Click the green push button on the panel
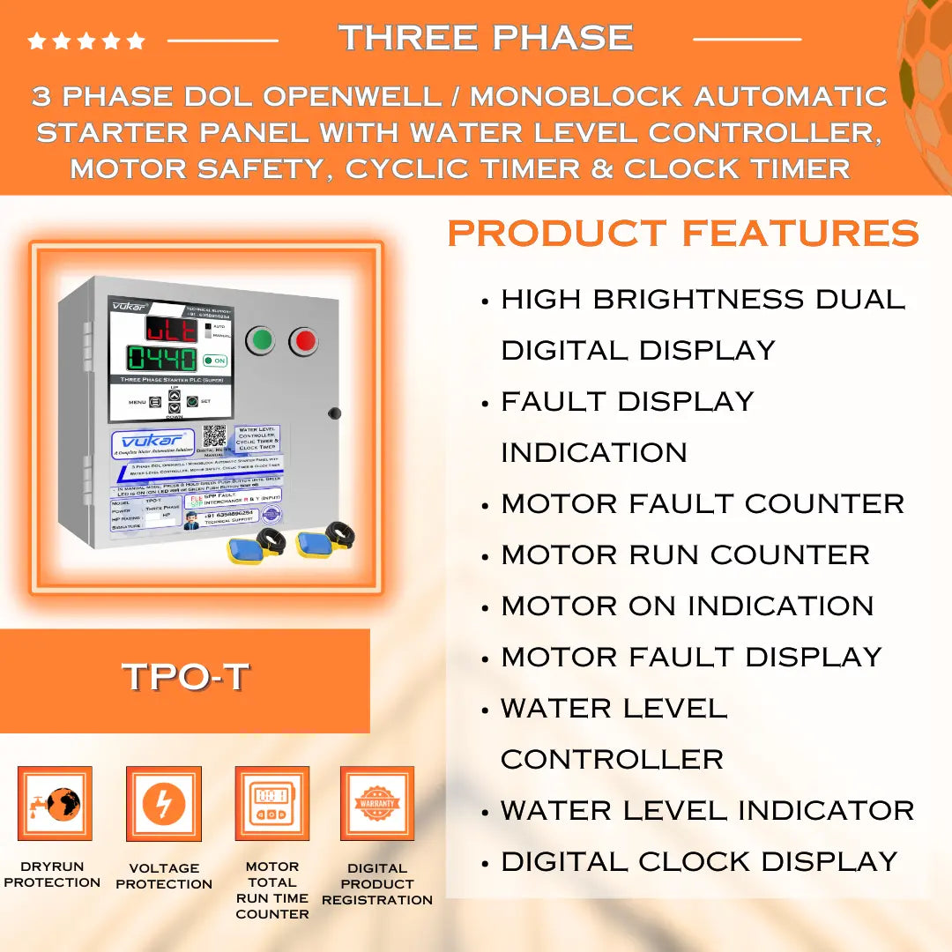260,340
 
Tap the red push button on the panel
304,340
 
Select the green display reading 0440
161,359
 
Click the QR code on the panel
214,435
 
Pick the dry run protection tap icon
55,803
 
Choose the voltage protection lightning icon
164,803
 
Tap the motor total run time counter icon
271,803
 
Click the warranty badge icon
377,803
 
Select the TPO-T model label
185,678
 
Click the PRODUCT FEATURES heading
683,234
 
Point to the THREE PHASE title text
486,38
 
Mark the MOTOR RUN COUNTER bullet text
685,554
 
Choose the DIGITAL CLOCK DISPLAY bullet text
699,861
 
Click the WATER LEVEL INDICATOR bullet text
707,810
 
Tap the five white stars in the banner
86,41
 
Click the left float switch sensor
254,547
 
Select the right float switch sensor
322,543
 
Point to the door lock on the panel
334,413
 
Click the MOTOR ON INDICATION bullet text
687,606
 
